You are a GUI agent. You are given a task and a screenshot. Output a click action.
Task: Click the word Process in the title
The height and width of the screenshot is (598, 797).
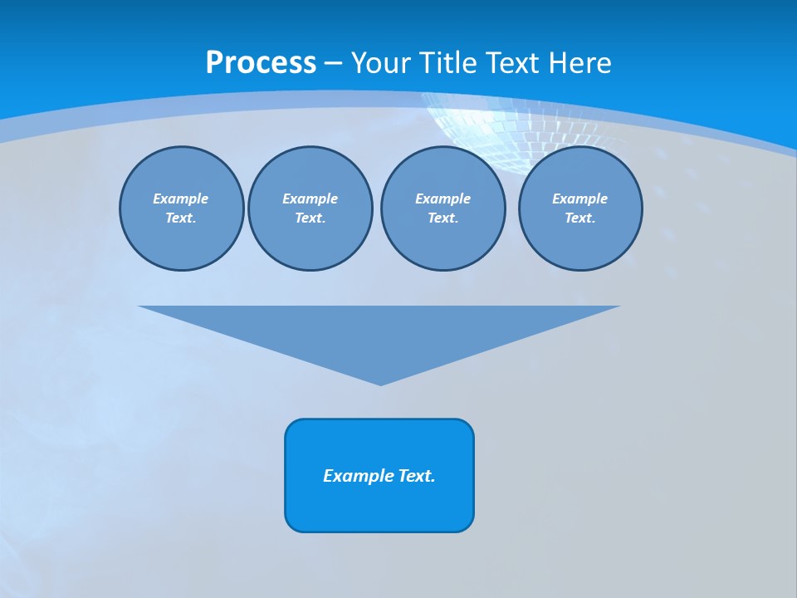click(x=261, y=63)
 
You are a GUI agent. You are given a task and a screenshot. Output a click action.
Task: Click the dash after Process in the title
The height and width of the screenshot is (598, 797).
click(x=333, y=64)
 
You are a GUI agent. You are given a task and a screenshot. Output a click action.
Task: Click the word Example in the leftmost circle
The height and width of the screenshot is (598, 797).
click(x=180, y=199)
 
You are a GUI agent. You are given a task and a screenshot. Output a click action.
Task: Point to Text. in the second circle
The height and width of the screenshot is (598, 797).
click(x=310, y=218)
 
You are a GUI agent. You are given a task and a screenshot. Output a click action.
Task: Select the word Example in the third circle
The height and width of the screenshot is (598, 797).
click(x=443, y=199)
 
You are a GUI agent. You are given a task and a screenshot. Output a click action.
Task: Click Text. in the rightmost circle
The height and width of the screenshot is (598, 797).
click(x=579, y=218)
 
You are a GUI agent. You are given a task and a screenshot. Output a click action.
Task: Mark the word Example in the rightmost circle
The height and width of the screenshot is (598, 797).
click(x=579, y=199)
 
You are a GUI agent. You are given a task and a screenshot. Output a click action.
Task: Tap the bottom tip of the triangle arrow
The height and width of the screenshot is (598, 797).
click(x=380, y=383)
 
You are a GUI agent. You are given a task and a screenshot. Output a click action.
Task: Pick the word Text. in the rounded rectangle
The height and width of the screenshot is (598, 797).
click(x=417, y=476)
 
